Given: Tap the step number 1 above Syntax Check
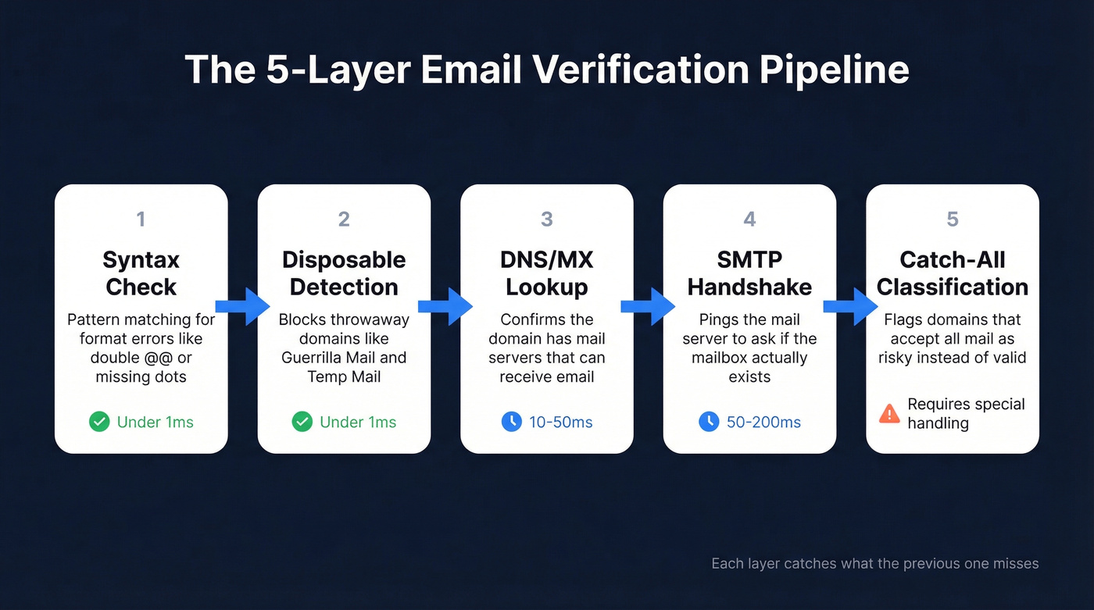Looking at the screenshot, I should [x=141, y=219].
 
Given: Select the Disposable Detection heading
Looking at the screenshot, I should [x=344, y=273].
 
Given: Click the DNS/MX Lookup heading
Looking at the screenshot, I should [x=547, y=273].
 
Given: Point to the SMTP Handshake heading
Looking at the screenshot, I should [x=749, y=273].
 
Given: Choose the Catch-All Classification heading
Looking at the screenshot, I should [x=953, y=273].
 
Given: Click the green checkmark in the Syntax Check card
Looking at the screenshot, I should [x=99, y=422].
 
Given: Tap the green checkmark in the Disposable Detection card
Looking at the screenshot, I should [x=302, y=422].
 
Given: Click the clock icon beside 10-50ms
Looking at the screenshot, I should [x=511, y=422].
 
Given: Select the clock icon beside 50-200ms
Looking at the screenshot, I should [x=709, y=422].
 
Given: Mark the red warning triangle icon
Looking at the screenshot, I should [x=889, y=413].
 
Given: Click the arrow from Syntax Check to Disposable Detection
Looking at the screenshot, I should [x=242, y=306].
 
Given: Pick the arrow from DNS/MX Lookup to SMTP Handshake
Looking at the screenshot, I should [x=648, y=306].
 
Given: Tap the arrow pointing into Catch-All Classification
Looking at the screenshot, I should [x=851, y=306].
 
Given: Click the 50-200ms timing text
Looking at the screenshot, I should [x=763, y=423].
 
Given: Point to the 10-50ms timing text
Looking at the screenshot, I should [x=560, y=423].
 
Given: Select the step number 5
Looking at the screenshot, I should [x=953, y=219].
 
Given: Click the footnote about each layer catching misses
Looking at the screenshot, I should [x=874, y=563].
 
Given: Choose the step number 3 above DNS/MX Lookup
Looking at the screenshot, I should [x=547, y=219].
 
